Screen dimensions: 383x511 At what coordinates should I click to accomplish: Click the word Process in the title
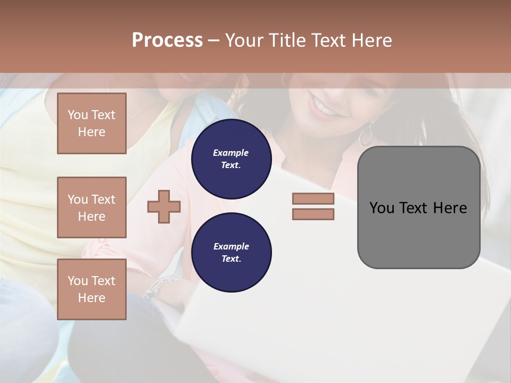(167, 40)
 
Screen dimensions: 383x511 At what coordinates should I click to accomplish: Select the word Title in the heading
(289, 40)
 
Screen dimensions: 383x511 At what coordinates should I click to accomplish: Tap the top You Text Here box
(92, 123)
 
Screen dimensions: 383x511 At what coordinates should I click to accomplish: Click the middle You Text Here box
(92, 207)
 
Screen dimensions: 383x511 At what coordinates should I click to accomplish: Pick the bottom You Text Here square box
(92, 289)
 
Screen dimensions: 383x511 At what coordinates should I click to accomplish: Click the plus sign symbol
(164, 206)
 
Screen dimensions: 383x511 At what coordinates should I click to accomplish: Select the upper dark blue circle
(231, 159)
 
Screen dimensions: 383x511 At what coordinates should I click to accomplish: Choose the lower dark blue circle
(231, 253)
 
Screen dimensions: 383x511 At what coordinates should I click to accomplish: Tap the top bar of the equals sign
(313, 199)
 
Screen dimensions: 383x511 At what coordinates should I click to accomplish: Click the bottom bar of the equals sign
(313, 214)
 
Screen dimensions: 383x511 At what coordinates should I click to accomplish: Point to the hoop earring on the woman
(366, 135)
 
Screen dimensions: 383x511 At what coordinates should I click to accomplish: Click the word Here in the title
(373, 40)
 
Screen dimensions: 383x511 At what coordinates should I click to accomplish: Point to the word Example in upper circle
(231, 153)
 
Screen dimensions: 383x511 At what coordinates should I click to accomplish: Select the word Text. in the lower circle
(231, 259)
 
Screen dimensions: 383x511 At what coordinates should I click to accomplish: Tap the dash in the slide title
(213, 40)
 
